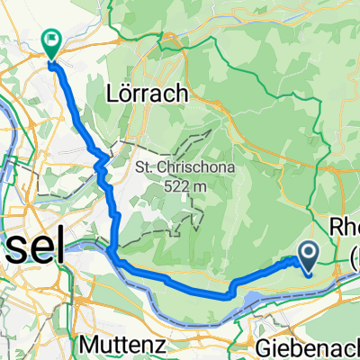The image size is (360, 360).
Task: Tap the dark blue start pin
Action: tap(307, 256)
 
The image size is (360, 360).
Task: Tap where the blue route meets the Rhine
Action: tap(110, 249)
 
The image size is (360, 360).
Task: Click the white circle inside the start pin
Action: tap(307, 252)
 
